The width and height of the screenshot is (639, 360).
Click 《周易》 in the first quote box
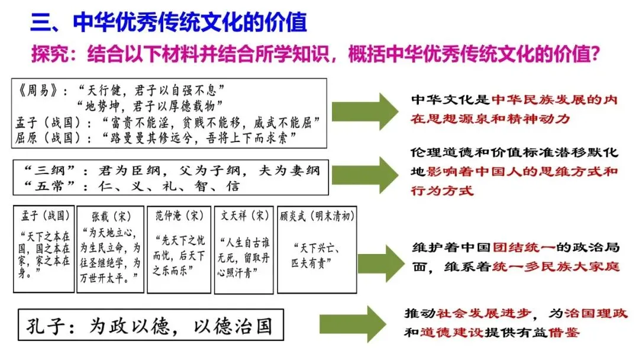click(x=37, y=91)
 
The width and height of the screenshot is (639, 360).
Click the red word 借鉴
click(x=563, y=332)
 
